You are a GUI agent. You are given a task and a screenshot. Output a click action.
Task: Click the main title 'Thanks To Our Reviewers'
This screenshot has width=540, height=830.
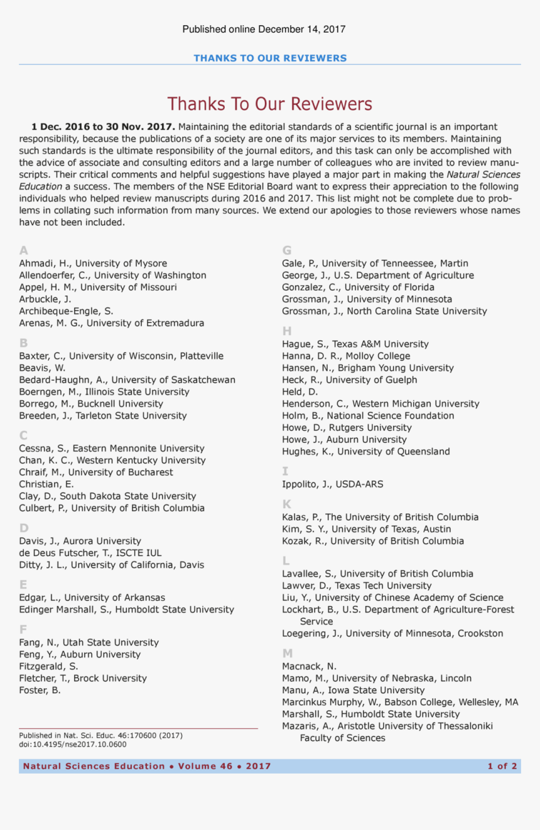(269, 104)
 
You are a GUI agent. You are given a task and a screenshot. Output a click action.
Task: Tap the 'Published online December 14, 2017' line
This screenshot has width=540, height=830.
(264, 29)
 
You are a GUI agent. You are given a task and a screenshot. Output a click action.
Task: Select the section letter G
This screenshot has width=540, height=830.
(286, 250)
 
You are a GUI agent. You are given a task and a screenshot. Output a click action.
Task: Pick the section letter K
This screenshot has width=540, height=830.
(286, 504)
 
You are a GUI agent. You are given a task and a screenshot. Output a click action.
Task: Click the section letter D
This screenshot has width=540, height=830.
(24, 528)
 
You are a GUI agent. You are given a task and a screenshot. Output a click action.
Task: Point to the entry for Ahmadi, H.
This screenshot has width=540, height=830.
(93, 263)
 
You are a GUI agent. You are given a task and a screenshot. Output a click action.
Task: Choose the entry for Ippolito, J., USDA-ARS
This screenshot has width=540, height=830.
(332, 484)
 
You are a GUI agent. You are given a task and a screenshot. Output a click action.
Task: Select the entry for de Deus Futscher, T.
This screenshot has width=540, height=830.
(90, 553)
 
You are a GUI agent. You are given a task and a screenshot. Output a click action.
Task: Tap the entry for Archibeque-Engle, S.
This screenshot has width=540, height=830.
(66, 311)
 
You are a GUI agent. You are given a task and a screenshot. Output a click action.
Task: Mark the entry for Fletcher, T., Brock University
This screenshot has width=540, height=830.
(83, 678)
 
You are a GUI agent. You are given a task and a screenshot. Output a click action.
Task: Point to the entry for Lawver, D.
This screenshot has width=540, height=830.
(356, 585)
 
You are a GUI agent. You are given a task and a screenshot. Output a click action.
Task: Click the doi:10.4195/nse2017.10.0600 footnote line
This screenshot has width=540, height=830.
(72, 744)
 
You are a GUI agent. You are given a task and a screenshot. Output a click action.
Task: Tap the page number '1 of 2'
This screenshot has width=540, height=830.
(502, 766)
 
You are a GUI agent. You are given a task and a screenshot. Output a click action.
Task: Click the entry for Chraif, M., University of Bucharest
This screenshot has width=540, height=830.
(95, 472)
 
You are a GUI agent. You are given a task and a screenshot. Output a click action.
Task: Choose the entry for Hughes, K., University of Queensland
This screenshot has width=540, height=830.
(365, 451)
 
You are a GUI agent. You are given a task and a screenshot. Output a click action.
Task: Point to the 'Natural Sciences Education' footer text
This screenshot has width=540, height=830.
(94, 766)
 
